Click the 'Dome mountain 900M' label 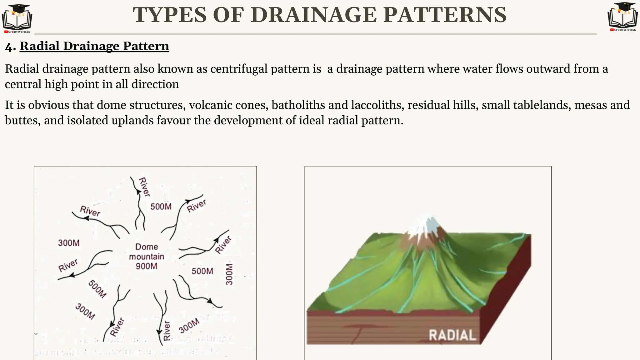coord(147,256)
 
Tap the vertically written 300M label coord(229,274)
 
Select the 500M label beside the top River coord(161,207)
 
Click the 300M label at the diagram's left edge coord(69,243)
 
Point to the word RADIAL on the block coord(452,335)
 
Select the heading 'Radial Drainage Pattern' coord(94,46)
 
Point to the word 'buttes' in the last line coord(21,120)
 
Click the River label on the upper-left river coord(90,211)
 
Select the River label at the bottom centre coord(167,330)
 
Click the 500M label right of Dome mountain coord(202,271)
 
